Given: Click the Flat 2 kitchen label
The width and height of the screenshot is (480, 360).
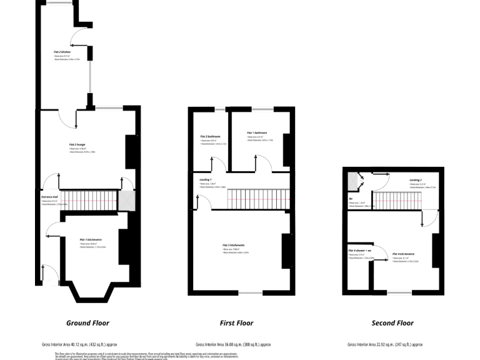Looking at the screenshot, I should pyautogui.click(x=62, y=51).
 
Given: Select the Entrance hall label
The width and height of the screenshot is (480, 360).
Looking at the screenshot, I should pyautogui.click(x=49, y=197).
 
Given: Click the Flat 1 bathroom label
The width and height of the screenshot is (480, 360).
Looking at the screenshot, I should pyautogui.click(x=257, y=132).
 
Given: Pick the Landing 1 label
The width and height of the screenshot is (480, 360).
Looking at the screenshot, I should pyautogui.click(x=206, y=180).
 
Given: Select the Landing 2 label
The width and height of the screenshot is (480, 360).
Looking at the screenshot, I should pyautogui.click(x=416, y=179).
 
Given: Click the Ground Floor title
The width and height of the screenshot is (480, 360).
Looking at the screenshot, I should pyautogui.click(x=87, y=323).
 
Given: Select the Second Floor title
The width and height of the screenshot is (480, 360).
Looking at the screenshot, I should pyautogui.click(x=392, y=323).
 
